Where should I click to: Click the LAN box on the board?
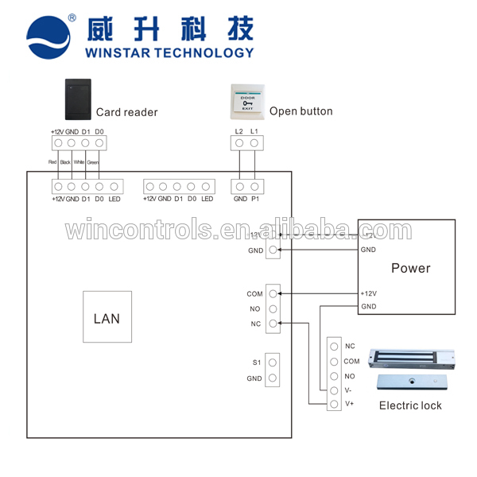[107, 319]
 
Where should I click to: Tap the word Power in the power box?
[410, 268]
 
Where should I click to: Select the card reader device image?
[77, 99]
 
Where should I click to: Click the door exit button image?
[245, 101]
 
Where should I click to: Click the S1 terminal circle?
[273, 363]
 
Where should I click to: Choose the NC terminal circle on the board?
[273, 324]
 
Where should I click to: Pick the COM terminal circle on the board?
[273, 293]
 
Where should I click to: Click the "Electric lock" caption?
[410, 405]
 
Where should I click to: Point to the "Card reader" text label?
[127, 112]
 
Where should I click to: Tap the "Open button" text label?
[301, 111]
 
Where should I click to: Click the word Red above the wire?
[52, 163]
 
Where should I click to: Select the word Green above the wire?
[92, 163]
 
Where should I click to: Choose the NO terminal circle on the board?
[273, 308]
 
